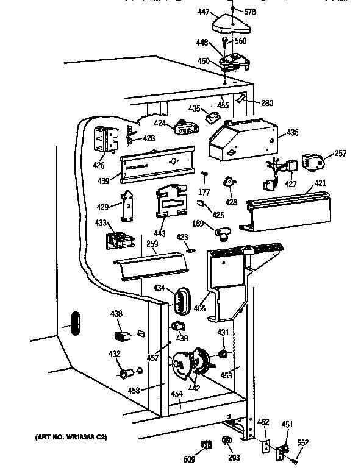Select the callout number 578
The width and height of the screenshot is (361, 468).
[250, 12]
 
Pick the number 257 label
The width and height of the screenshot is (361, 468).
[341, 153]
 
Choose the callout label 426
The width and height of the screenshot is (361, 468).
[99, 165]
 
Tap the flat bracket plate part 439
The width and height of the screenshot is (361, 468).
[158, 165]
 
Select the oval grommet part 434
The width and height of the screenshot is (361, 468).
[181, 302]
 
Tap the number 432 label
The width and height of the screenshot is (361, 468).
[115, 354]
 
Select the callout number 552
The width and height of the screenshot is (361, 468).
[303, 442]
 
